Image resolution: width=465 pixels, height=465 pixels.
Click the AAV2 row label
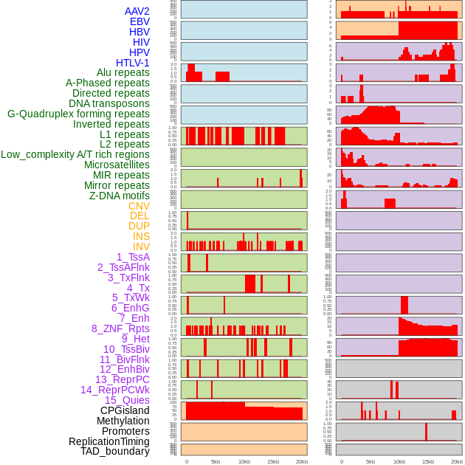click(137, 11)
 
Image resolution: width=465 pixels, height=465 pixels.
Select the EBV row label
click(139, 21)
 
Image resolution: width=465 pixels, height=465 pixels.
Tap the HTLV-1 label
click(132, 63)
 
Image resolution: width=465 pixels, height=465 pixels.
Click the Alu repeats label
click(123, 72)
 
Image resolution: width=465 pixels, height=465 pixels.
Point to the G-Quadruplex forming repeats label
click(78, 114)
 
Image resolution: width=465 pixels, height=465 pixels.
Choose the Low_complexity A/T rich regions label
click(75, 154)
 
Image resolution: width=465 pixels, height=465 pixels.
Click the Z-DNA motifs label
click(119, 196)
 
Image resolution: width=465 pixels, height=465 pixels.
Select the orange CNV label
click(139, 206)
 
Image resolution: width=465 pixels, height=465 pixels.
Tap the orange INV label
click(141, 247)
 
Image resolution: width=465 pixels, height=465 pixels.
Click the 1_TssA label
click(133, 257)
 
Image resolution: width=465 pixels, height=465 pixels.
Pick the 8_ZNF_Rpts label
click(120, 328)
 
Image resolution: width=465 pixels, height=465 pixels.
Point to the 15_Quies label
click(127, 400)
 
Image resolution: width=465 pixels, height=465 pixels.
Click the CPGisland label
click(125, 410)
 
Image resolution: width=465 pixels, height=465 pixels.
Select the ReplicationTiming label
click(109, 441)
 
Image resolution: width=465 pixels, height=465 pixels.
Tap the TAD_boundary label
click(115, 451)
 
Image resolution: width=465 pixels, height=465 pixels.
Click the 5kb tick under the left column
click(216, 461)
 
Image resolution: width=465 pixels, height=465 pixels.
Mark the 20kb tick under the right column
click(457, 461)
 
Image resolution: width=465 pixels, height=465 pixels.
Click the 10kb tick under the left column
click(244, 461)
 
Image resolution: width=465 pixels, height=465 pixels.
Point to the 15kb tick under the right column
click(428, 461)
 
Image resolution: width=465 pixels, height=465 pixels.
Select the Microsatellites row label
click(117, 165)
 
